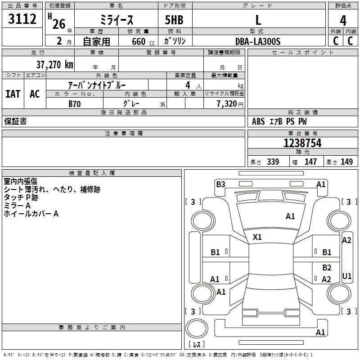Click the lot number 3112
click(x=22, y=20)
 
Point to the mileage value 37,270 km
click(x=54, y=64)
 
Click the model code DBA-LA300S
click(x=258, y=41)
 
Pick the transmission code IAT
click(x=13, y=94)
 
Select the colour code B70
click(x=75, y=103)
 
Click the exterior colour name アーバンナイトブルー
click(x=97, y=85)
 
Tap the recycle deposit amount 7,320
click(x=226, y=103)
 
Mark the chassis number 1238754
click(x=302, y=144)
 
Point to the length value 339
click(x=272, y=162)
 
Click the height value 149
click(x=346, y=162)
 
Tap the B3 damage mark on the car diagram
click(x=220, y=184)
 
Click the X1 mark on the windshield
click(x=257, y=237)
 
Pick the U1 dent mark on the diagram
click(x=347, y=275)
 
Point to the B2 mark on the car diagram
click(x=327, y=267)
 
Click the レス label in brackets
click(x=197, y=345)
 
